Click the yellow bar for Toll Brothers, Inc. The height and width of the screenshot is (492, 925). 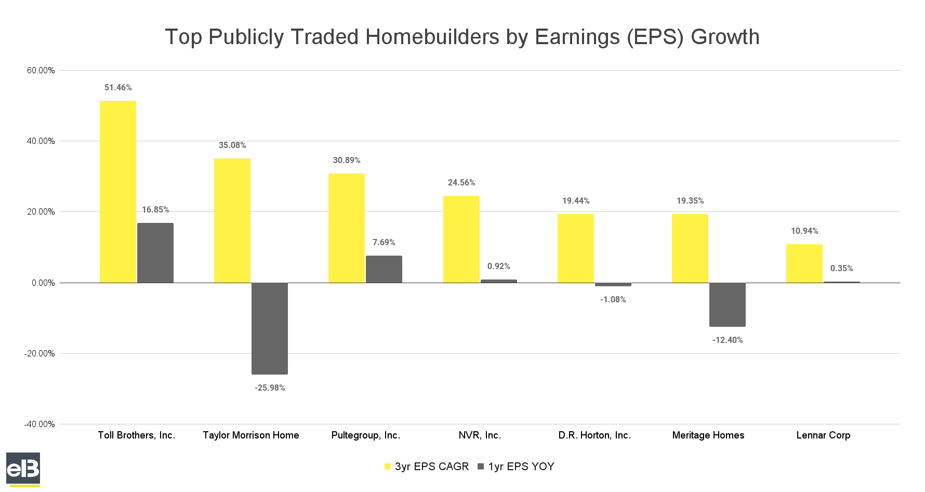coord(118,192)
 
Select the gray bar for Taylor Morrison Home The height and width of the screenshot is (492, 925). coord(270,328)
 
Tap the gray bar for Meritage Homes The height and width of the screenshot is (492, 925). coord(728,304)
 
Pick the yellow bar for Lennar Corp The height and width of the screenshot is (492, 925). coord(804,263)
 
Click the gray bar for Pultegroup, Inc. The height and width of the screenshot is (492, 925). coord(384,269)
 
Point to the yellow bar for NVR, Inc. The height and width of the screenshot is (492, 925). coord(461,240)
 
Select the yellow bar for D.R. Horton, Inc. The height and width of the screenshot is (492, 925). coord(576,248)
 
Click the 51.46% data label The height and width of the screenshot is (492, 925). coord(118,88)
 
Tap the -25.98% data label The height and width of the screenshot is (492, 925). coord(270,388)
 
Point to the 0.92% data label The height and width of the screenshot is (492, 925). coord(499,267)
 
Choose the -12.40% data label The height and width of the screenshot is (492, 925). coord(728,340)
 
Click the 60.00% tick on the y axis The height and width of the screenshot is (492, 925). coord(41,71)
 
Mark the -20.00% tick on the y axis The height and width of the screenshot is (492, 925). coord(39,354)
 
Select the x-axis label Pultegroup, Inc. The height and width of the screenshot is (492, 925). coord(366,435)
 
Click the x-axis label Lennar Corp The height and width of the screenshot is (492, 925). coord(823,435)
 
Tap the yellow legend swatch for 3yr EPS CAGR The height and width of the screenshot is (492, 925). coord(387,467)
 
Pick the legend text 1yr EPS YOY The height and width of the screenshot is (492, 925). coord(521,467)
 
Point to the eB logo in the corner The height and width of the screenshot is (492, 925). coord(23,469)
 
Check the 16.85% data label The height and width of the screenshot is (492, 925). coord(155,210)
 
